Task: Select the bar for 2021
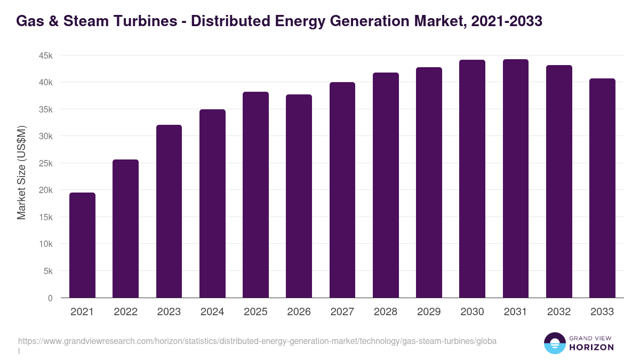tap(82, 245)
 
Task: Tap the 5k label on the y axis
tap(47, 271)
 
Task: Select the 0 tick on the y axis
tap(50, 298)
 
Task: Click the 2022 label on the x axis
tap(125, 312)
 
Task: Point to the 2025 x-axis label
tap(255, 312)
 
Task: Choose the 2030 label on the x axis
tap(472, 312)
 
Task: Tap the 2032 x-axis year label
tap(559, 312)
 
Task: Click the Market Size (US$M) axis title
tap(21, 172)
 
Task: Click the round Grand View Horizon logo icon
tap(554, 343)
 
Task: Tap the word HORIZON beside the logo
tap(592, 347)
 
